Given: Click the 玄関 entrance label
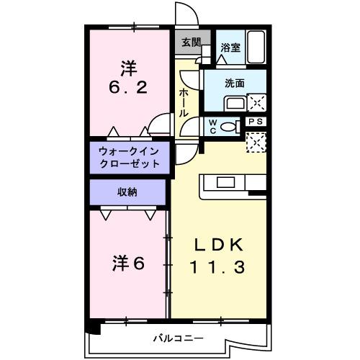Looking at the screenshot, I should click(191, 41).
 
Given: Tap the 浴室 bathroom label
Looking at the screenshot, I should click(230, 48).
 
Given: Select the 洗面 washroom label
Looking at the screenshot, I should click(235, 83).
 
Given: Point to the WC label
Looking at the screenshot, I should click(214, 127).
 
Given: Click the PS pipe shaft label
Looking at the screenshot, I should click(256, 122).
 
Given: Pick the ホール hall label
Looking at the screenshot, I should click(184, 103).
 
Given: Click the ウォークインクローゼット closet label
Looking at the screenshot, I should click(130, 157).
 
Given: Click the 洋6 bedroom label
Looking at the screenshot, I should click(127, 264).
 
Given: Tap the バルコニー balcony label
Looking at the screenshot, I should click(177, 338).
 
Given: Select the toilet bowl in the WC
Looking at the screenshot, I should click(230, 127).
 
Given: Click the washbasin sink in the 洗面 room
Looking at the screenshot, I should click(235, 103).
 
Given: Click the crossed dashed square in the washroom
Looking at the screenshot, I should click(257, 102).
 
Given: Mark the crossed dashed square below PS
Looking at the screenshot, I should click(257, 142).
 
